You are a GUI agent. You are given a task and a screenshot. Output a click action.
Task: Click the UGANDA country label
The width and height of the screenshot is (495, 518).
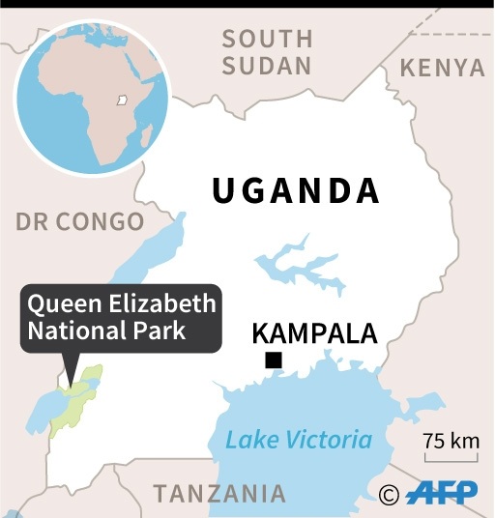pyautogui.click(x=296, y=190)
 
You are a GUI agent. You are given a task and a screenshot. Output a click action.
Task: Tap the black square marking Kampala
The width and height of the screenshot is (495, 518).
pyautogui.click(x=275, y=361)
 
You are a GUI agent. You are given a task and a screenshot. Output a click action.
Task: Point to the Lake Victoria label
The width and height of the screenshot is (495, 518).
pyautogui.click(x=299, y=440)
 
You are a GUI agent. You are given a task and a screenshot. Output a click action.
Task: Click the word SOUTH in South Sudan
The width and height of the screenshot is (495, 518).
pyautogui.click(x=268, y=40)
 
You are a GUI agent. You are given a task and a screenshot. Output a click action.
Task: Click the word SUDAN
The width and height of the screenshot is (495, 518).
pyautogui.click(x=268, y=67)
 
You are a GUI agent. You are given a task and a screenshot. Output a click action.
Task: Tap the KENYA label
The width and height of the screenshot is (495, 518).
pyautogui.click(x=442, y=68)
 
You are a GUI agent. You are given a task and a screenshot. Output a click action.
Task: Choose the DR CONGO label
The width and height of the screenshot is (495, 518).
pyautogui.click(x=79, y=221)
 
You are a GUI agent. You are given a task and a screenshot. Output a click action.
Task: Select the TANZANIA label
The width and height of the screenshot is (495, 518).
pyautogui.click(x=219, y=494)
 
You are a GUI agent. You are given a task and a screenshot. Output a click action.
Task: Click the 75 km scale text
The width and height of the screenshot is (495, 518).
pyautogui.click(x=451, y=441)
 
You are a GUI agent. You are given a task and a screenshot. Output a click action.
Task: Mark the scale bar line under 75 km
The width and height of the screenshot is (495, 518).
pyautogui.click(x=451, y=458)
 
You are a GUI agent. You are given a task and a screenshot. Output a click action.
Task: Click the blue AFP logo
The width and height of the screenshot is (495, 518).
pyautogui.click(x=441, y=494)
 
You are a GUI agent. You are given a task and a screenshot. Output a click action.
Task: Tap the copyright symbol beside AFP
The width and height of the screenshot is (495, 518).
pyautogui.click(x=390, y=495)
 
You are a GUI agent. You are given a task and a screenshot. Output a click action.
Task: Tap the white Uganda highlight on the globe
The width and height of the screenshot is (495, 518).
pyautogui.click(x=122, y=99)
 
